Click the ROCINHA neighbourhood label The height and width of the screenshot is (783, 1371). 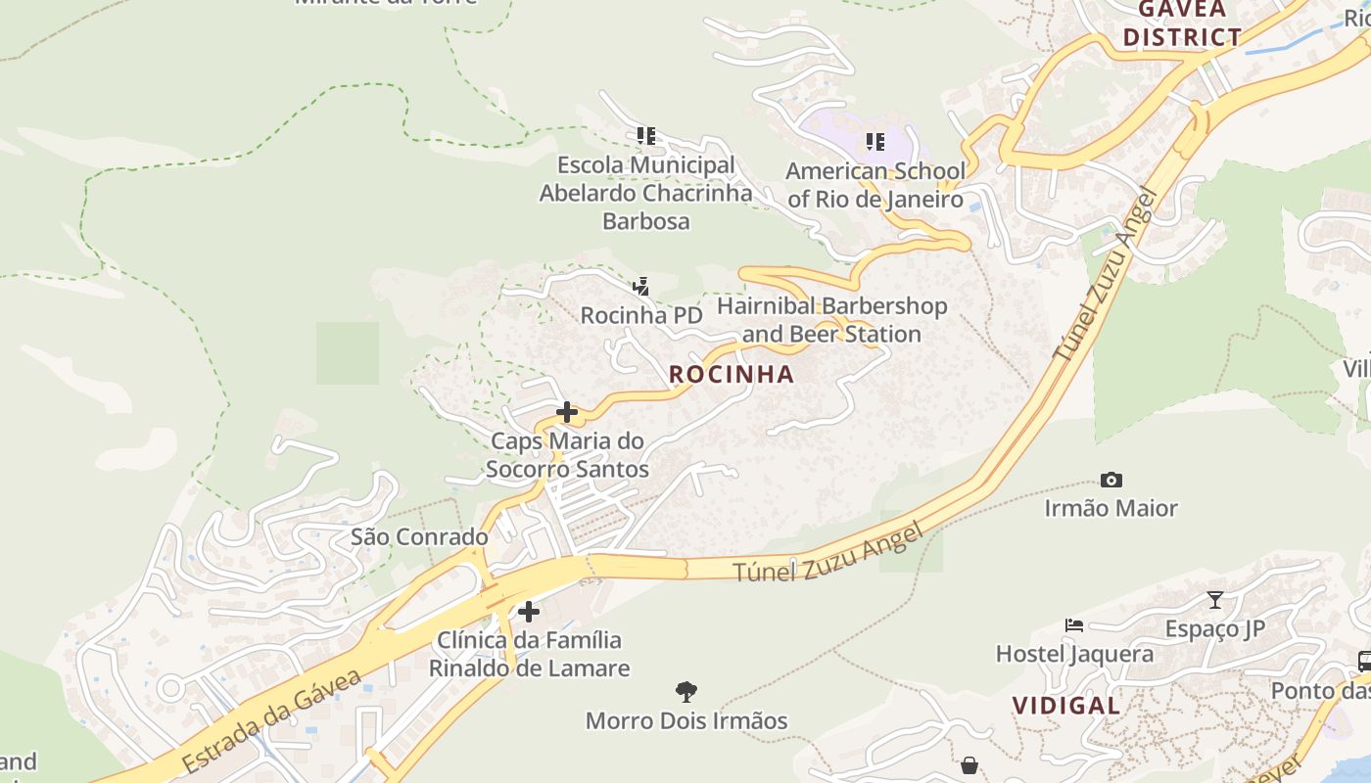732,374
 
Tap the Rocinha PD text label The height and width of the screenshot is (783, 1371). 641,315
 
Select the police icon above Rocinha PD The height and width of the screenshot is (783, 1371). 640,286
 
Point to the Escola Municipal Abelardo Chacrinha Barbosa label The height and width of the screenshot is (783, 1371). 645,193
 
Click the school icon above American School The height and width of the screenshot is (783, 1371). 875,143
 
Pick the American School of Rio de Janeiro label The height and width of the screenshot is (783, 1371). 875,185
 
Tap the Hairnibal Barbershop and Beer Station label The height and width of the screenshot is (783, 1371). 831,320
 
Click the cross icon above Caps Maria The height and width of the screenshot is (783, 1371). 566,412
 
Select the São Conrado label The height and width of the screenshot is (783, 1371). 419,537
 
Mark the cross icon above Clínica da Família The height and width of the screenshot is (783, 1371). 529,612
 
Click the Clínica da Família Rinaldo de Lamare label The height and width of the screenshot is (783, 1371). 529,654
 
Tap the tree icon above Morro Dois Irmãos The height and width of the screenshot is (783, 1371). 686,692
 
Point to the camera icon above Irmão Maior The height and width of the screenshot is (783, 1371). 1111,480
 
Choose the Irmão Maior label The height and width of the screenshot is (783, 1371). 1111,508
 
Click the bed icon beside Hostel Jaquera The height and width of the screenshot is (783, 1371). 1074,625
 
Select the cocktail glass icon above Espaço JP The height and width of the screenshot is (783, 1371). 1215,600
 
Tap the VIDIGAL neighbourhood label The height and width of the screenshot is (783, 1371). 1065,706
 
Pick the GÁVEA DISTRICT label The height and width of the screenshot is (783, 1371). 1181,23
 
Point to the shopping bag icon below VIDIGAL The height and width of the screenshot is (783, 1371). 969,764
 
